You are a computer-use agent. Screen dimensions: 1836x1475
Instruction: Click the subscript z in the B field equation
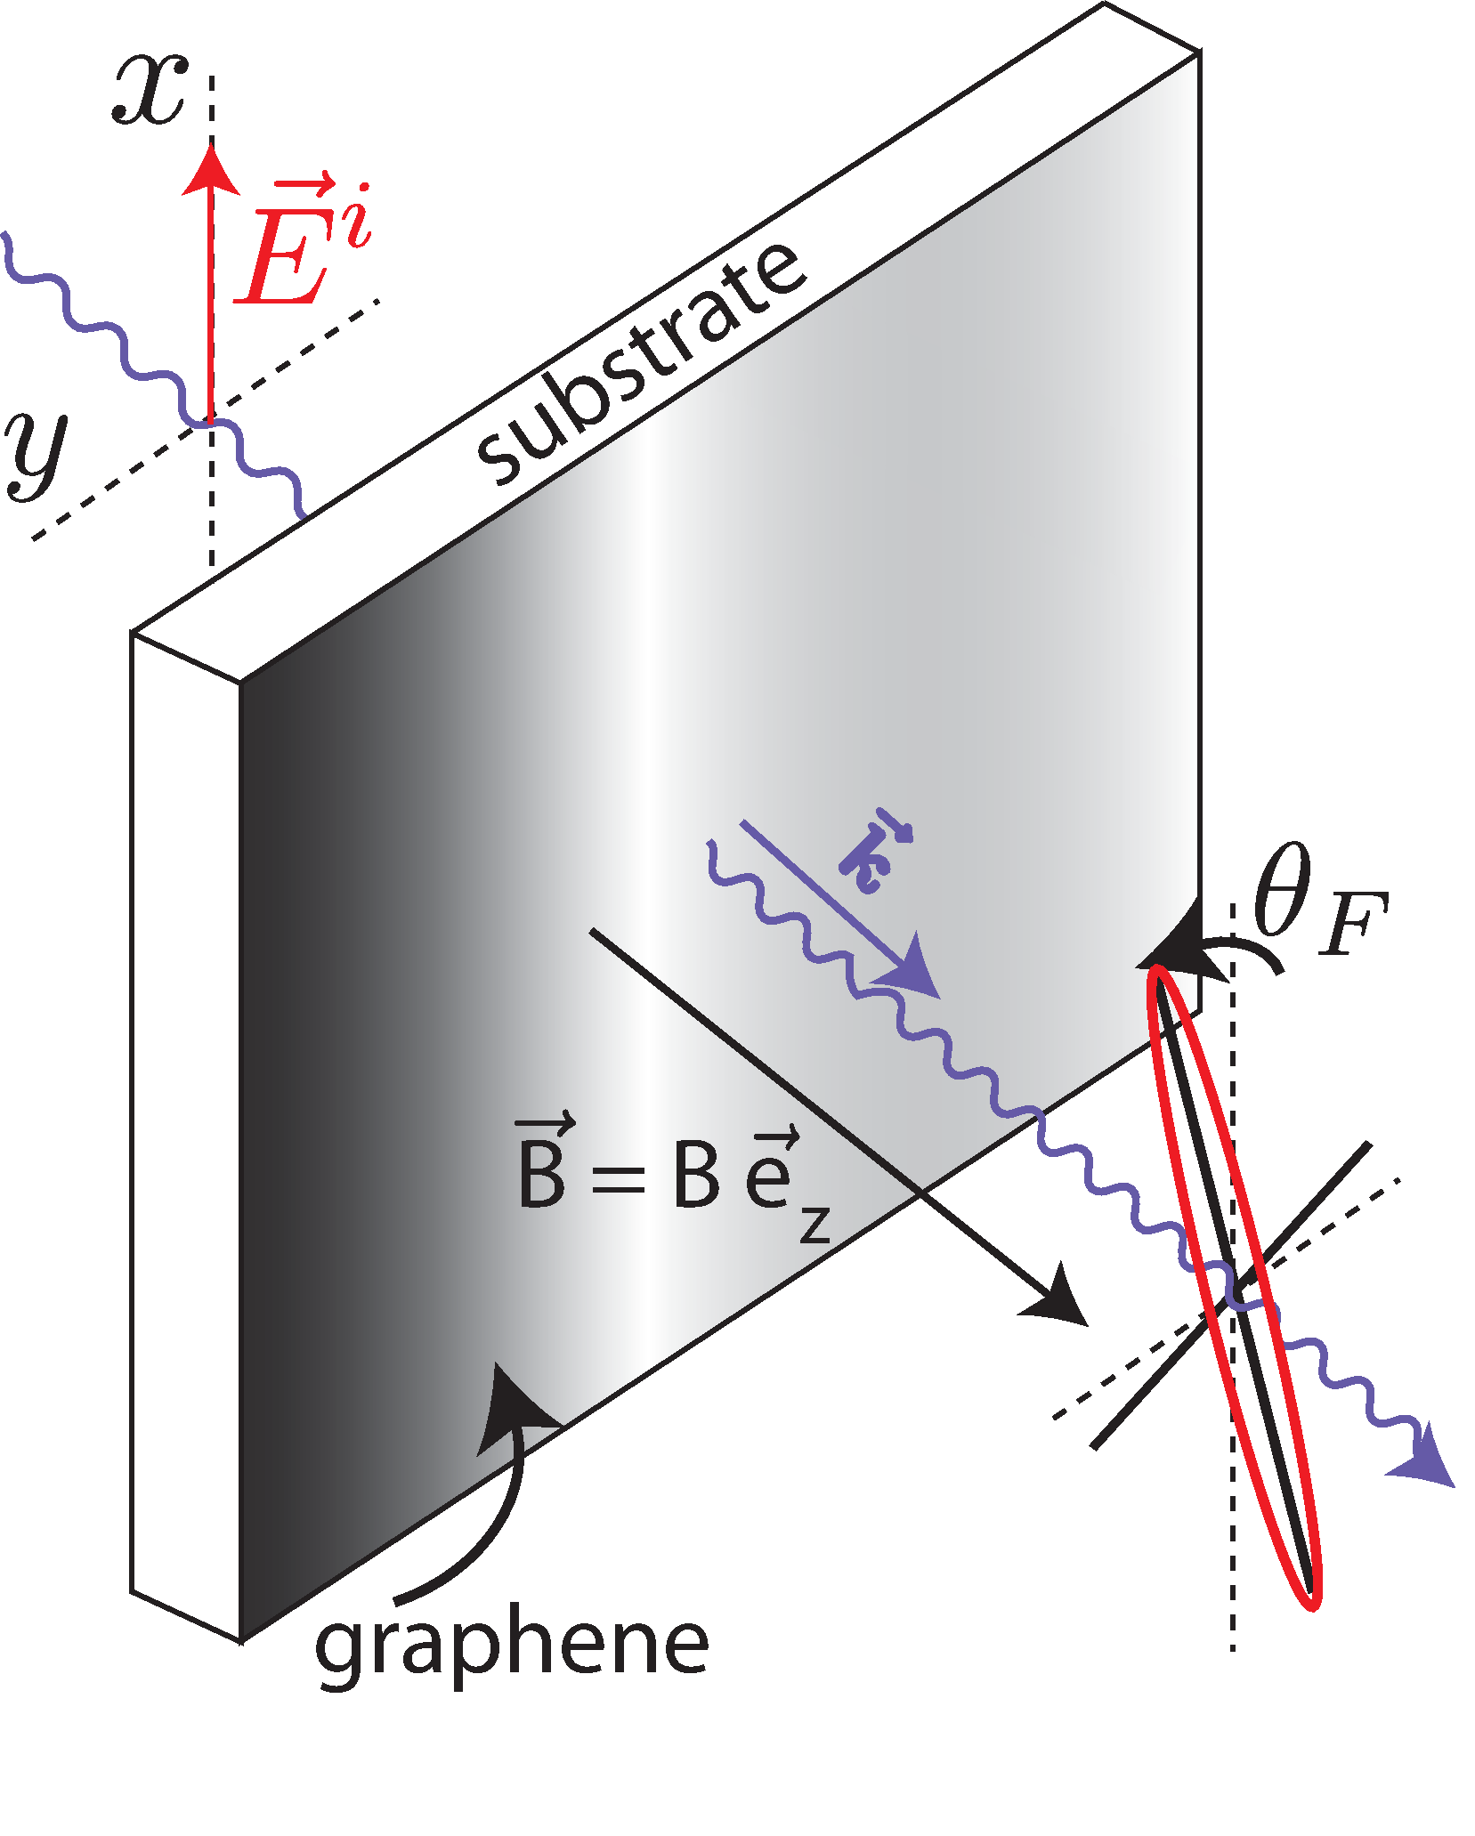814,1224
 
